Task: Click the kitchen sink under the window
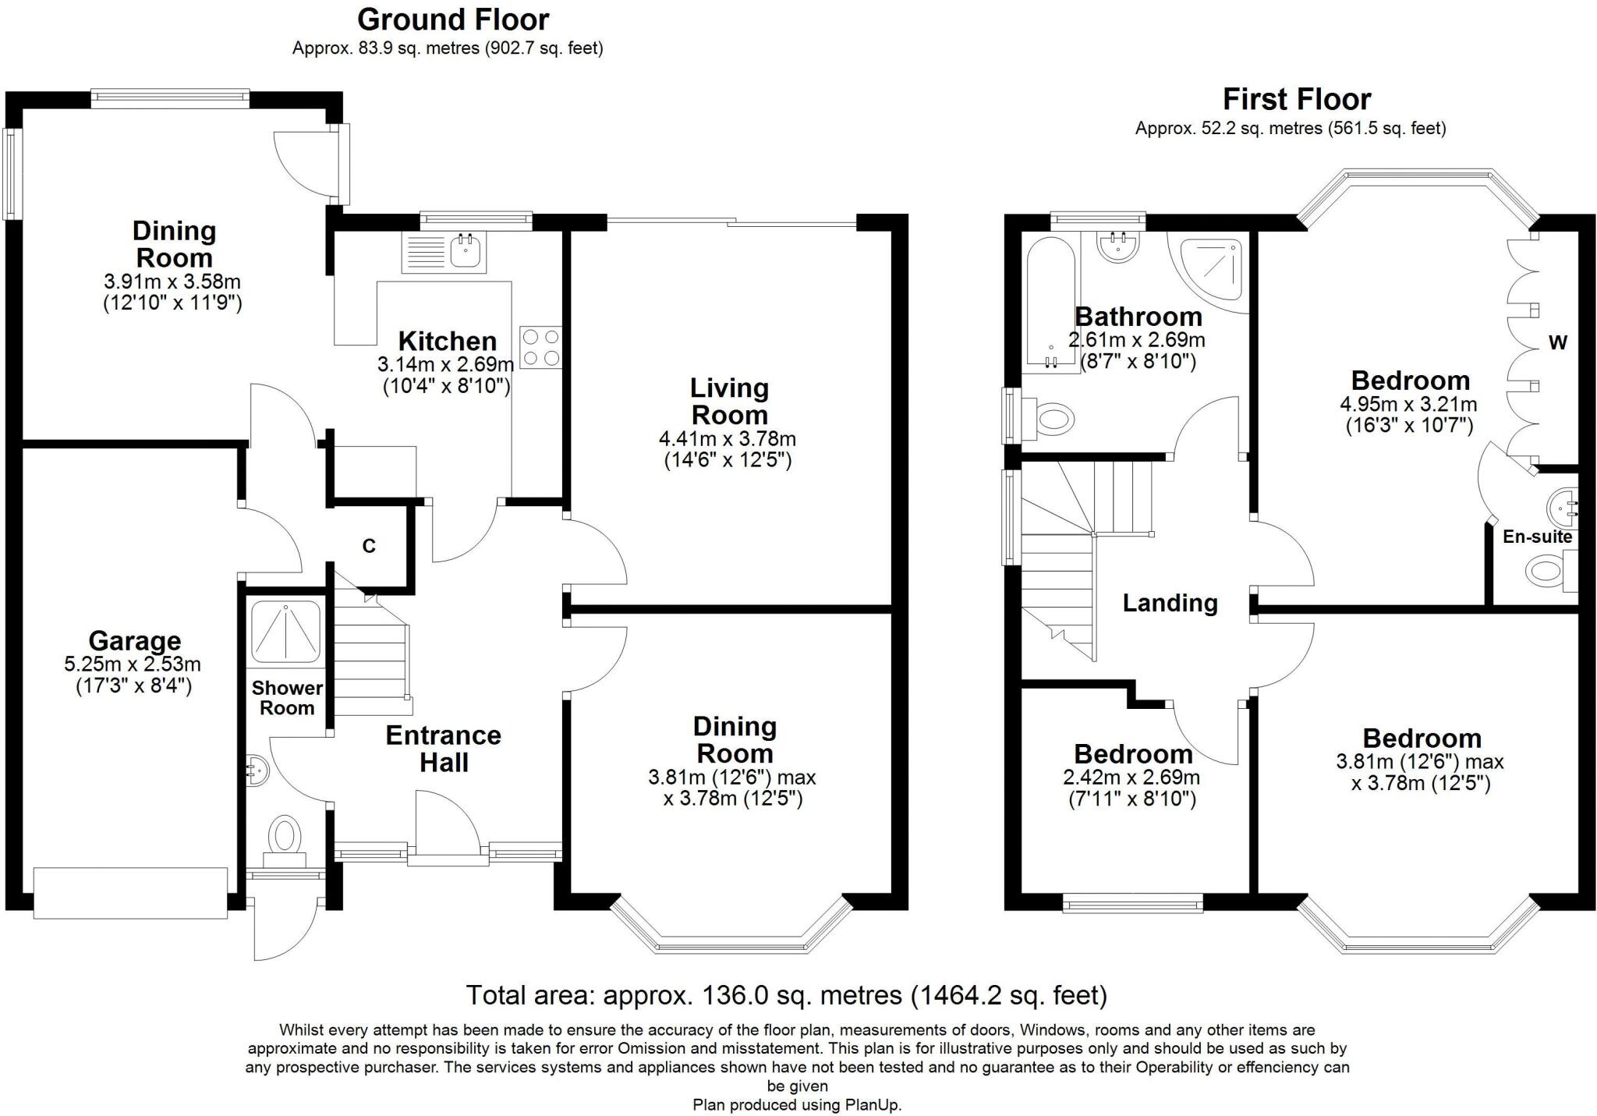(x=444, y=252)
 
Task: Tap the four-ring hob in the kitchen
(x=540, y=347)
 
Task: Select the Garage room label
(x=134, y=640)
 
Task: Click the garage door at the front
(x=130, y=891)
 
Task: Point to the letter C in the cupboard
(x=369, y=546)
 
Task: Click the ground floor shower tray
(x=285, y=632)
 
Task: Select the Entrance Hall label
(x=444, y=749)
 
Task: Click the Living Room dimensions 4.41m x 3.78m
(x=728, y=438)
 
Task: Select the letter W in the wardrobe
(x=1558, y=342)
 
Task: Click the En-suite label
(x=1537, y=537)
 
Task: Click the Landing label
(x=1170, y=603)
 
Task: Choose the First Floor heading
(x=1296, y=99)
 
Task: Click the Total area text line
(x=786, y=995)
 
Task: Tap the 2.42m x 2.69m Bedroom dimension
(x=1131, y=778)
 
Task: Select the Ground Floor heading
(x=453, y=19)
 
